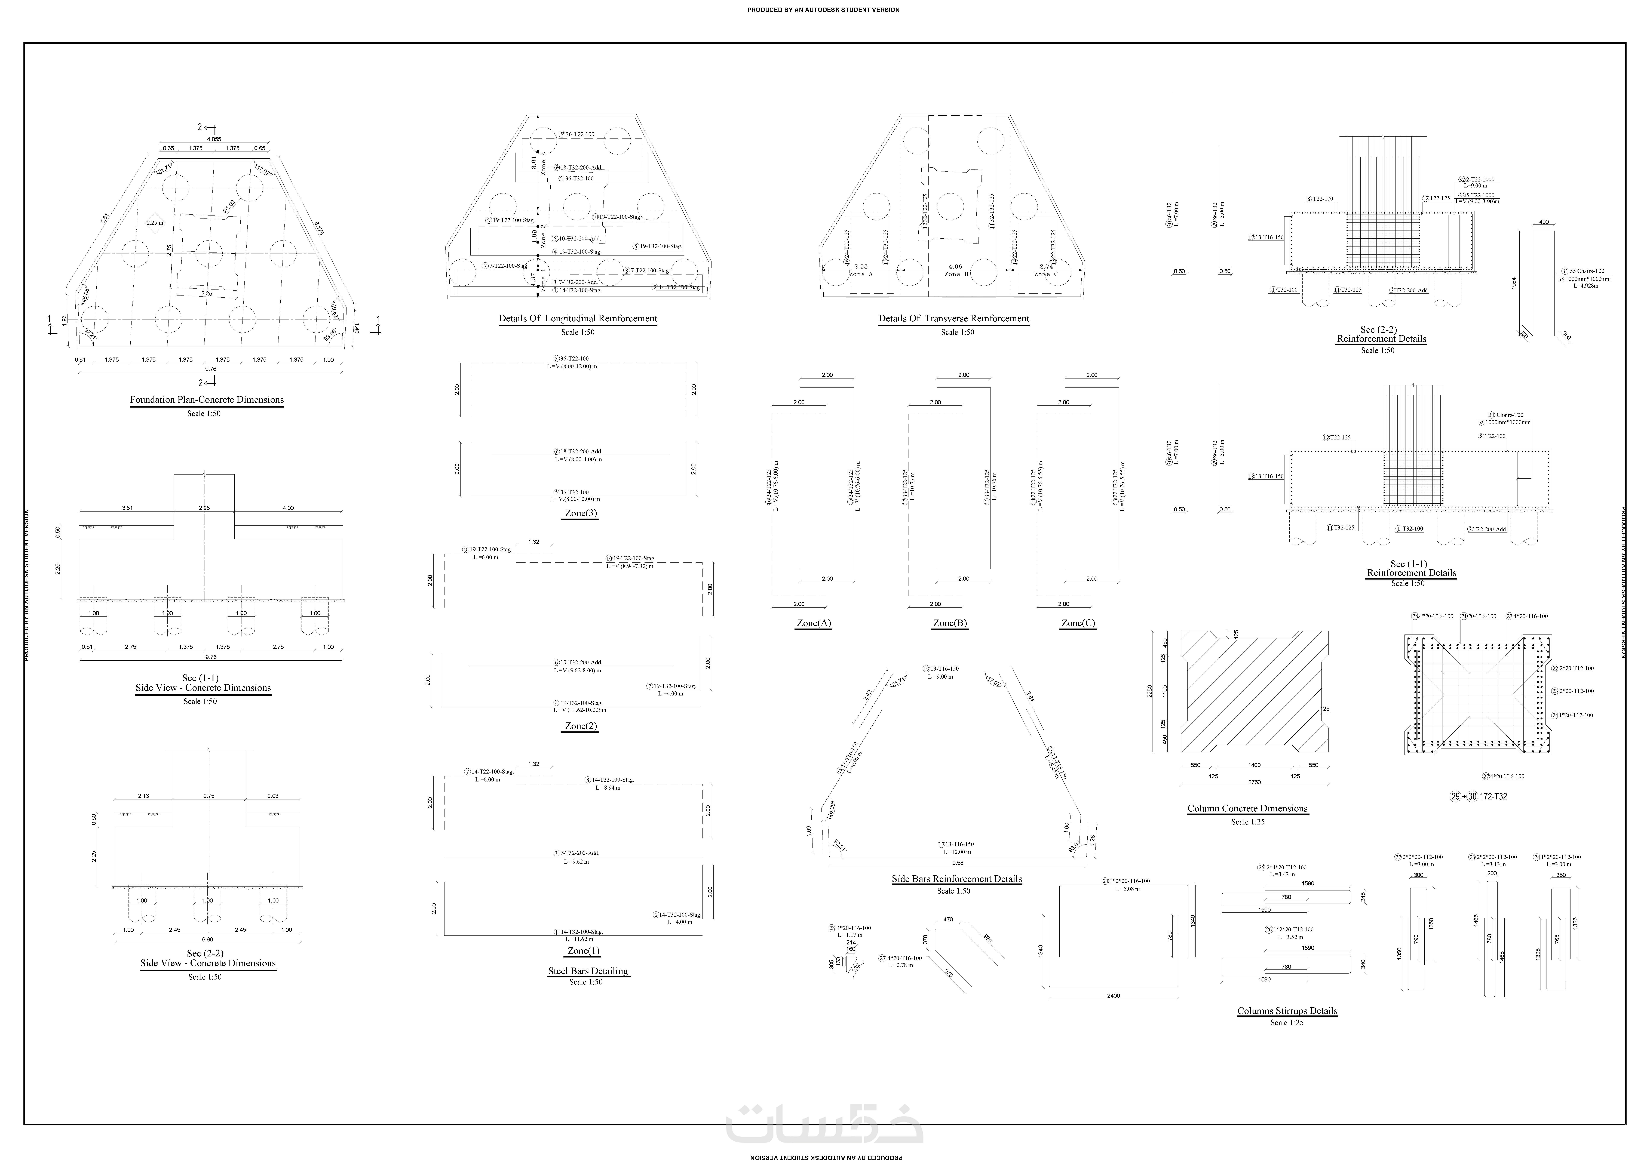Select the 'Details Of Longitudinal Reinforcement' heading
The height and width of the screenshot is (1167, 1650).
[x=578, y=318]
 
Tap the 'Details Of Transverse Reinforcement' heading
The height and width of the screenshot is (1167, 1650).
[x=954, y=318]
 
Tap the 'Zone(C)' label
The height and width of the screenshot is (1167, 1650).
[x=1078, y=623]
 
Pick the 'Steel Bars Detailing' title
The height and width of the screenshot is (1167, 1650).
[x=588, y=971]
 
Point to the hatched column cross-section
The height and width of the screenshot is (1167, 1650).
[x=1254, y=691]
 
